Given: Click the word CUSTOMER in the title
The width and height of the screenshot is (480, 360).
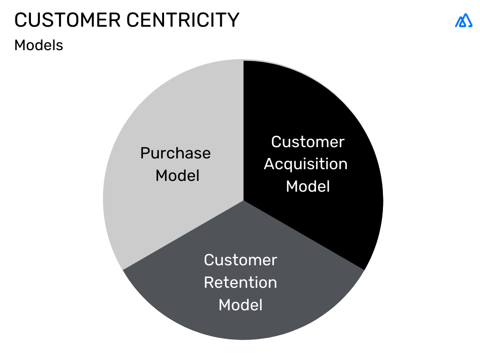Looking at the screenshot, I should click(x=67, y=20).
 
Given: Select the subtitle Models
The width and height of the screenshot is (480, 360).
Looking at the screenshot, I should click(x=38, y=45).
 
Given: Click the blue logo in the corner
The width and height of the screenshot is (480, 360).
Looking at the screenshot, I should click(x=464, y=20).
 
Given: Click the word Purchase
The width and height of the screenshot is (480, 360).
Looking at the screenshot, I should click(x=175, y=153).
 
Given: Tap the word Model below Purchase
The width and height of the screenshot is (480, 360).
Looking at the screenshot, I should click(x=177, y=176).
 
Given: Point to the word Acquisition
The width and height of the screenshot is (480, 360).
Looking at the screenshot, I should click(x=306, y=164).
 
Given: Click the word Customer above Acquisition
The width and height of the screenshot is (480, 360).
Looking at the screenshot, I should click(x=307, y=142).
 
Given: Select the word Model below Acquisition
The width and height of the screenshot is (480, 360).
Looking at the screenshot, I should click(x=308, y=187).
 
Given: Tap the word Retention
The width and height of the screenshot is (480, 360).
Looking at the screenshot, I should click(x=240, y=283).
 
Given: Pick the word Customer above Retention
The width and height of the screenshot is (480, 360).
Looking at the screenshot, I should click(x=240, y=260).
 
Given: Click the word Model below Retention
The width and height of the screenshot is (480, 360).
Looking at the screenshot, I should click(x=240, y=305).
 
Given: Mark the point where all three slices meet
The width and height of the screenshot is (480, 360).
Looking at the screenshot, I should click(x=244, y=201).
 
